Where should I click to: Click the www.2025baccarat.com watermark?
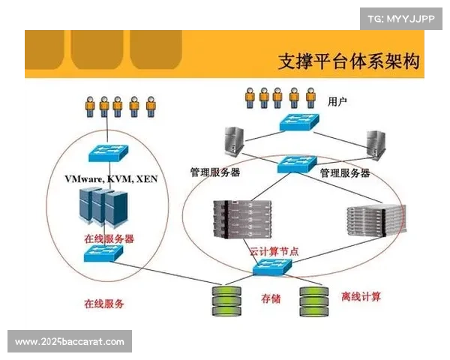pos(69,342)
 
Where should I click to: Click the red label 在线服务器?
pos(109,238)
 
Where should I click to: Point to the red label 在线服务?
pos(104,303)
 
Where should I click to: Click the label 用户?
pos(338,100)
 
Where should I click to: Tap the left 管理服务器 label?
pos(215,172)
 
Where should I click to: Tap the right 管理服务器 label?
pos(345,172)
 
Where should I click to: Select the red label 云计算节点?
pos(274,251)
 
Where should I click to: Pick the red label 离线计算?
pos(361,297)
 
